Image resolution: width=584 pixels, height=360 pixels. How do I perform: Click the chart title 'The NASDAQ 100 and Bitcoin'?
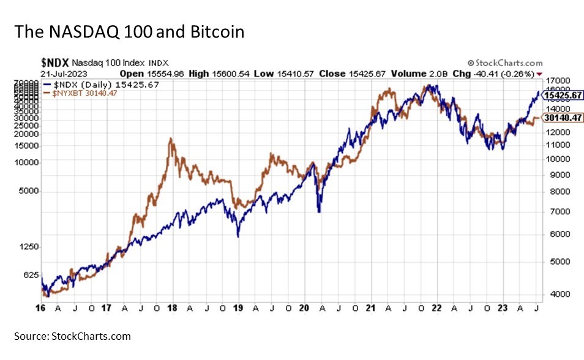coord(129,32)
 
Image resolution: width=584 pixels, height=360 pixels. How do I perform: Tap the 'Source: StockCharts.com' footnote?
coord(73,336)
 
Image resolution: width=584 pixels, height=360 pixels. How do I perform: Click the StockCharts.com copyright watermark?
coord(504,62)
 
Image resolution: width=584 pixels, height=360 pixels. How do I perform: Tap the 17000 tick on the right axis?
coord(555,80)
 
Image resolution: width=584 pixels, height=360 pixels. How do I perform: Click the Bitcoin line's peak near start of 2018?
coord(171,139)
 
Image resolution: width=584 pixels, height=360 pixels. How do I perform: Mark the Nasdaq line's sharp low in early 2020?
coord(319,211)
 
